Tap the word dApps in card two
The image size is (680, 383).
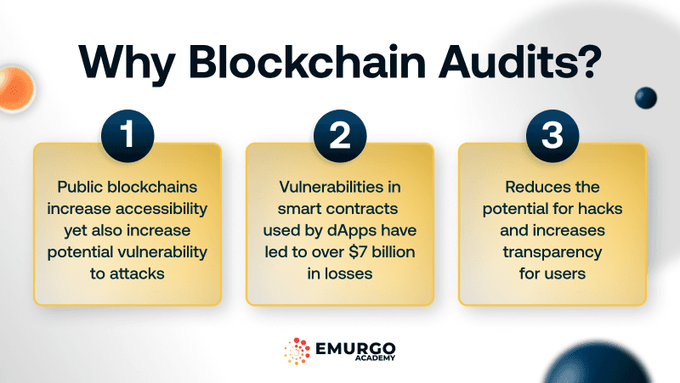coord(348,230)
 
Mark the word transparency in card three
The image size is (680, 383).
coord(552,252)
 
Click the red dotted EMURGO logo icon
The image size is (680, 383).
coord(297,352)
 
